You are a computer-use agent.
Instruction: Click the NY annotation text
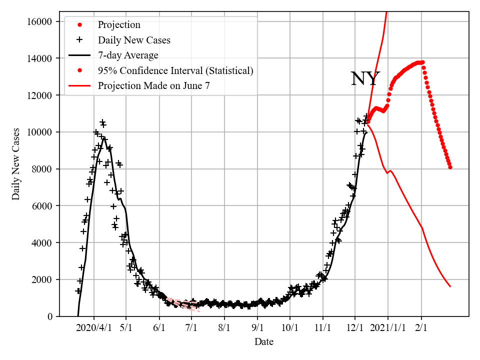pyautogui.click(x=365, y=79)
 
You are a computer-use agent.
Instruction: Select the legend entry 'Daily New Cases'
pyautogui.click(x=134, y=40)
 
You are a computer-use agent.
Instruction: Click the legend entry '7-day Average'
pyautogui.click(x=128, y=55)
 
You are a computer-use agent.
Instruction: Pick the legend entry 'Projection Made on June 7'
pyautogui.click(x=153, y=85)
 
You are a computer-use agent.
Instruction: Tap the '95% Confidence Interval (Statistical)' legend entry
pyautogui.click(x=175, y=70)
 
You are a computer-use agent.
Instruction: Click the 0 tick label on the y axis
pyautogui.click(x=49, y=316)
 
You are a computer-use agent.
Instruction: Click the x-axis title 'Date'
pyautogui.click(x=263, y=342)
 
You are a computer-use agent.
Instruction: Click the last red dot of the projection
pyautogui.click(x=450, y=167)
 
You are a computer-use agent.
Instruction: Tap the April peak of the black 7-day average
pyautogui.click(x=104, y=137)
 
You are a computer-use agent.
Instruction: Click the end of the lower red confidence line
pyautogui.click(x=450, y=286)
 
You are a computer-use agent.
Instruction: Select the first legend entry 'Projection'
pyautogui.click(x=119, y=25)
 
